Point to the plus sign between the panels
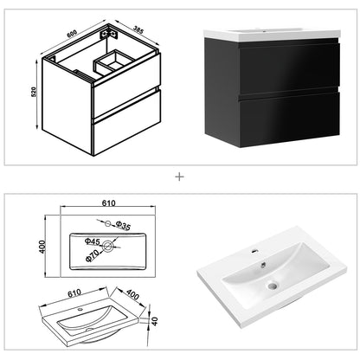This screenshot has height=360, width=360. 180,177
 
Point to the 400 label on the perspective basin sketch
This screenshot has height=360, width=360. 132,295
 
